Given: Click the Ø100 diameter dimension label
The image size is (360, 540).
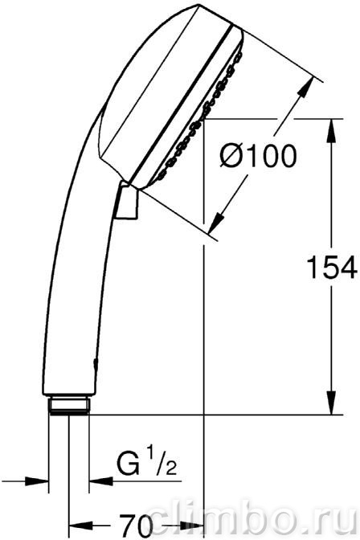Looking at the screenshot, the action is (x=259, y=156).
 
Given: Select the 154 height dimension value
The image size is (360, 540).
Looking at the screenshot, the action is (x=331, y=268).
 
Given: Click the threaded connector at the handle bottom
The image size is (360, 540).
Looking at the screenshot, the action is (x=69, y=405).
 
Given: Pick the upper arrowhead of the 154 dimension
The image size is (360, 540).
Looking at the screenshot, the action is (x=331, y=131).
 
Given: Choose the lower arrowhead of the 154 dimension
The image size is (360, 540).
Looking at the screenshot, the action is (x=331, y=403).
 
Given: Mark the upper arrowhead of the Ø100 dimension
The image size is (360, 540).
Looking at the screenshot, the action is (x=305, y=88).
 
